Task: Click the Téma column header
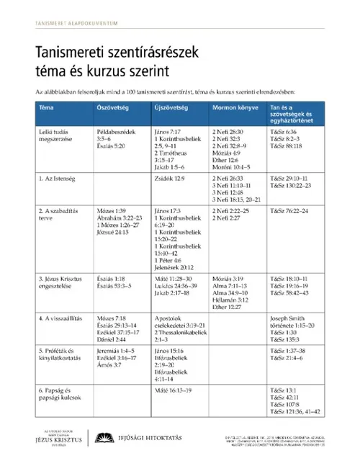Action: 47,107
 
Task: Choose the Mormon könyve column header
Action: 233,107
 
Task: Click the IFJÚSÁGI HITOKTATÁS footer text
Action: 152,436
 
